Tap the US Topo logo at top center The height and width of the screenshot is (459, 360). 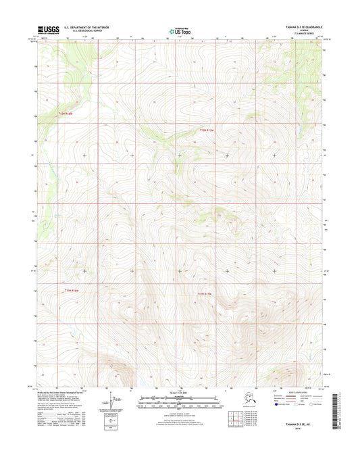click(x=179, y=30)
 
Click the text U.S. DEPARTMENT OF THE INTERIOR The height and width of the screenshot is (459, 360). click(x=86, y=27)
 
